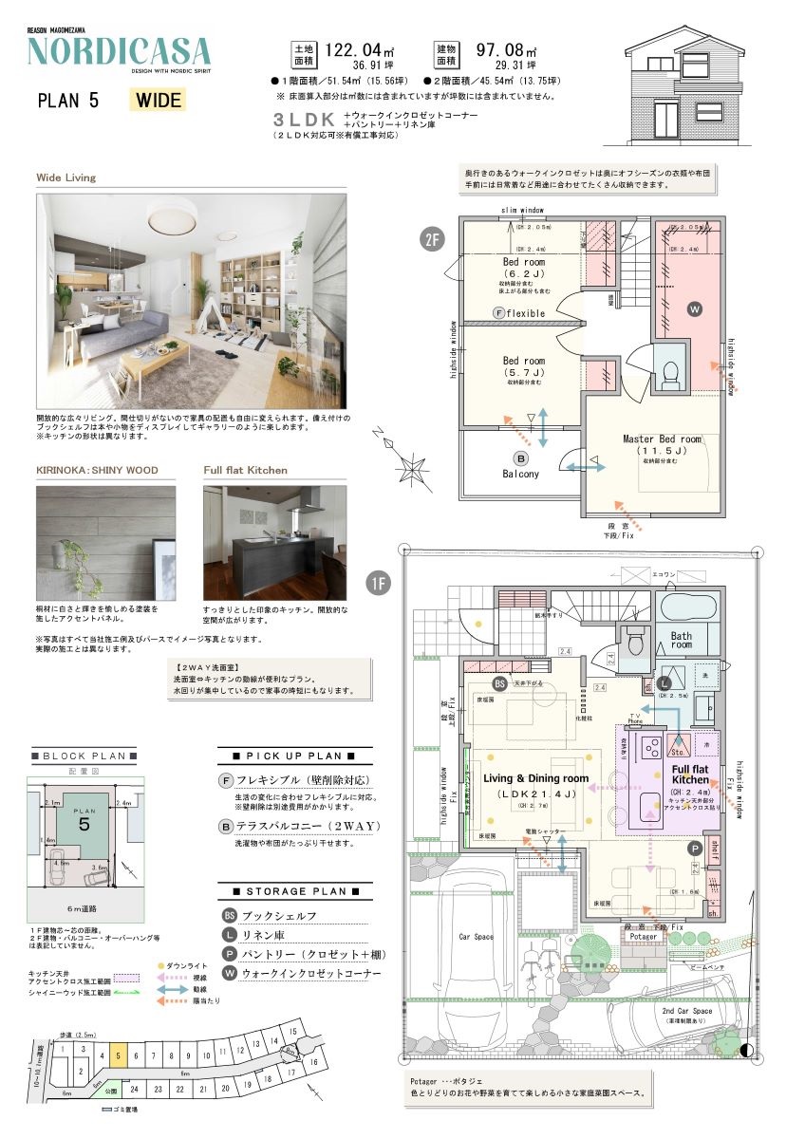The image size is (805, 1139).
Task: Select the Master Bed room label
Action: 661,439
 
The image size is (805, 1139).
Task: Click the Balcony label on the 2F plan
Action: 520,473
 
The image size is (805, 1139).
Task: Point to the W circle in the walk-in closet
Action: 695,308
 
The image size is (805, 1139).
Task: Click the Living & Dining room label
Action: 536,778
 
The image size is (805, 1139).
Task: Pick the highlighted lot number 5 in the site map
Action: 117,1054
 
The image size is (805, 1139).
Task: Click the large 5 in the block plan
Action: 84,825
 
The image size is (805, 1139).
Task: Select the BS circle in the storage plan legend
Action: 228,916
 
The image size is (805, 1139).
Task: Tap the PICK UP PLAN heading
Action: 287,756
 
